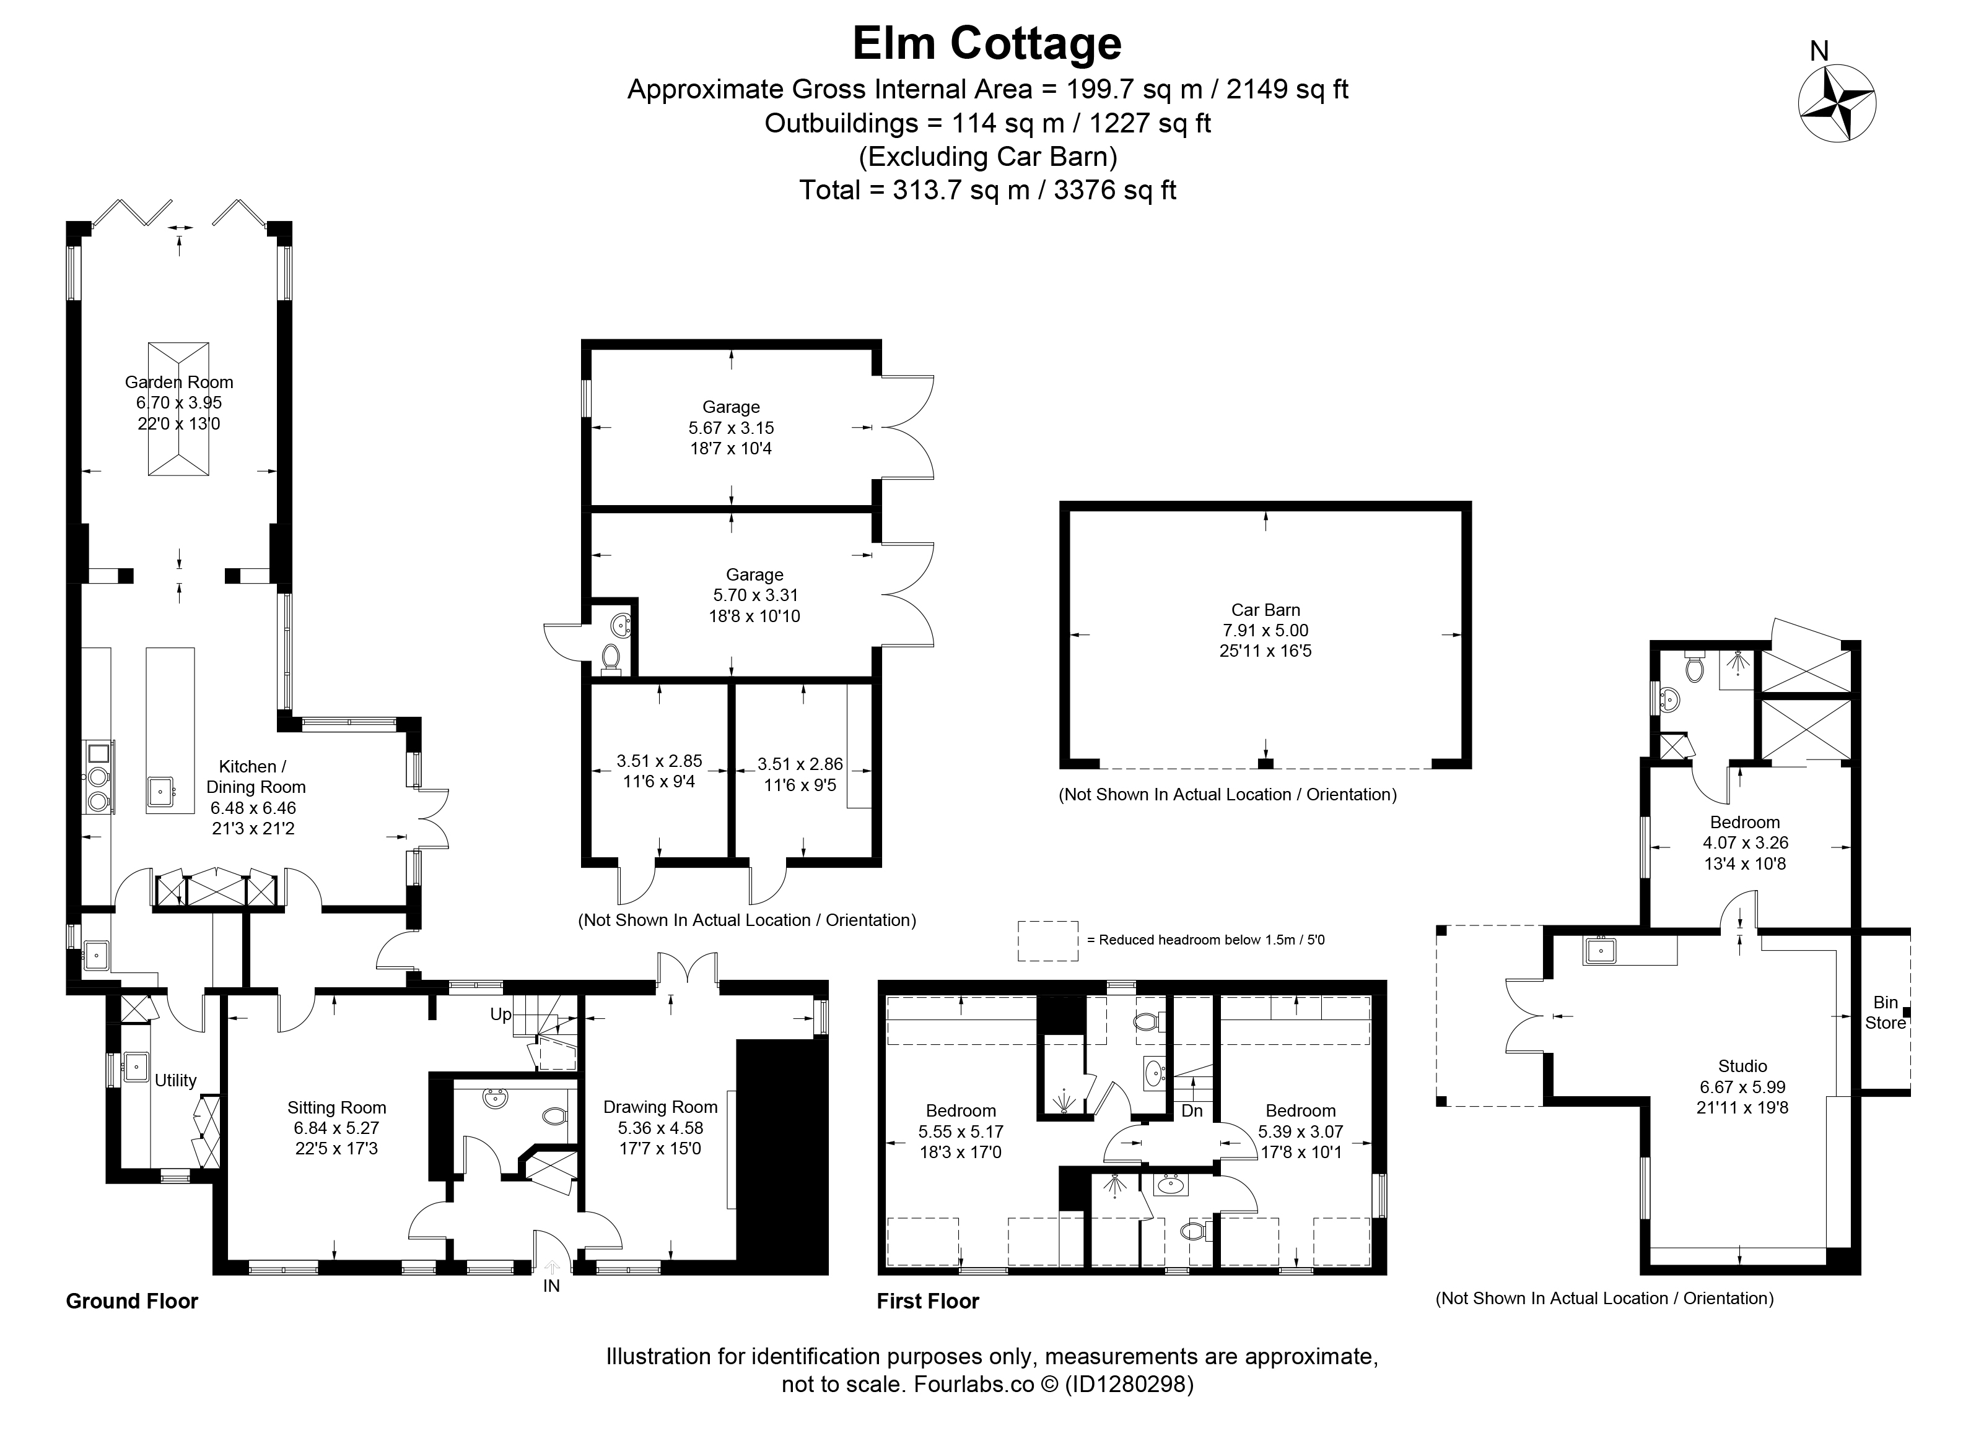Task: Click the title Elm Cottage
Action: click(987, 43)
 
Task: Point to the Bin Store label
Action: click(1886, 1013)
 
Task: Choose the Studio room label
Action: click(1742, 1066)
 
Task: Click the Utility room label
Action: click(175, 1081)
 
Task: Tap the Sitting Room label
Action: click(336, 1108)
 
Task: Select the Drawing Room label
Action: click(660, 1107)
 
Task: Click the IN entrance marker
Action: click(551, 1286)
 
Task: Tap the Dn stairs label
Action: click(1192, 1111)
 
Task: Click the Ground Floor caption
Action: click(133, 1301)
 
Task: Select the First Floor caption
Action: click(928, 1301)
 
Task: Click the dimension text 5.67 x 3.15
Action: click(731, 428)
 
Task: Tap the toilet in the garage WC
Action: click(611, 657)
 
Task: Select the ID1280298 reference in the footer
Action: click(1128, 1384)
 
